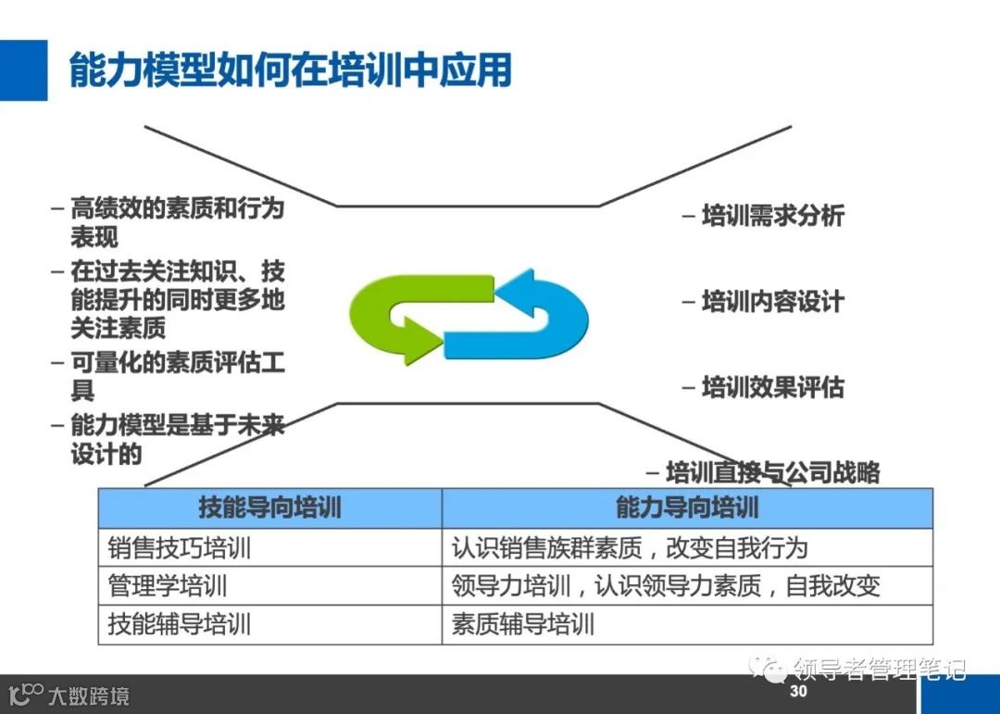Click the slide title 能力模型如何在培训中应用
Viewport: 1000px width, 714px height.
291,69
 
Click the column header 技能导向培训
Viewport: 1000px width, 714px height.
269,507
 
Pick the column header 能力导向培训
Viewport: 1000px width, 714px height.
687,507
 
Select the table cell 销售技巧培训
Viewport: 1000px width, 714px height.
180,547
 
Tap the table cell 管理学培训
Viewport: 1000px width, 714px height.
168,586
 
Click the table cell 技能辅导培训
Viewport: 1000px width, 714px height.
180,624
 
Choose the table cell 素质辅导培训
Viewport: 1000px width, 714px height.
523,624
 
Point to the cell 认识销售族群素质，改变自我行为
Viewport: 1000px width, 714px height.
630,547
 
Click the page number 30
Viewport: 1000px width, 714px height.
798,692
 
